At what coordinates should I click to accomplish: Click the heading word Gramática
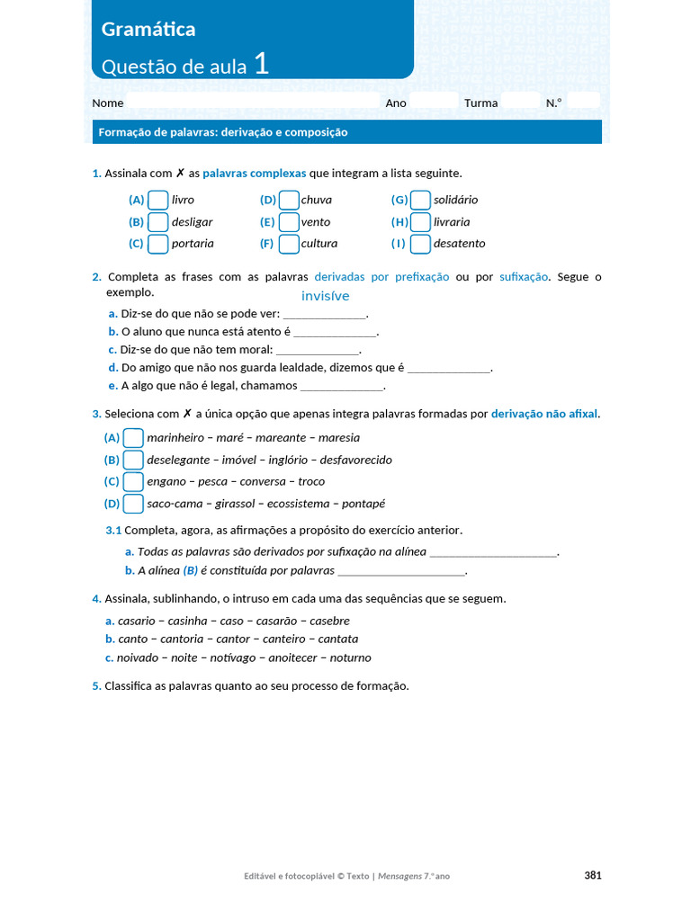point(148,30)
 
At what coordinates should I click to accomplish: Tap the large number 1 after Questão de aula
point(260,64)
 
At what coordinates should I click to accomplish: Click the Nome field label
point(108,103)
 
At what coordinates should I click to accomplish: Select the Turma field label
point(480,103)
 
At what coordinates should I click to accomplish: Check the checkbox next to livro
point(157,200)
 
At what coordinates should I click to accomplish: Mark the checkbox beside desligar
point(157,221)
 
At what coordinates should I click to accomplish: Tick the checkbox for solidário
point(420,200)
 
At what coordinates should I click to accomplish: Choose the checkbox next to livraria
point(420,221)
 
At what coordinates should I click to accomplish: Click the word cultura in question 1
point(319,244)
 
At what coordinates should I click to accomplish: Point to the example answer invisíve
point(325,296)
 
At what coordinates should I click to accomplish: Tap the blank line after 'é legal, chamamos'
point(342,386)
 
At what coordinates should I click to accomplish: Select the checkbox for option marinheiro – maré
point(133,438)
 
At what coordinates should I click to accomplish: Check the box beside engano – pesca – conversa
point(133,481)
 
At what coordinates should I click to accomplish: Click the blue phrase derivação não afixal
point(544,414)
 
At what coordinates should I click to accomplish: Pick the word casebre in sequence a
point(329,621)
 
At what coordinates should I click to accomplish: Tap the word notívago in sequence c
point(233,657)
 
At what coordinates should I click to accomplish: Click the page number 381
point(592,875)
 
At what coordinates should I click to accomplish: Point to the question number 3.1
point(113,530)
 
